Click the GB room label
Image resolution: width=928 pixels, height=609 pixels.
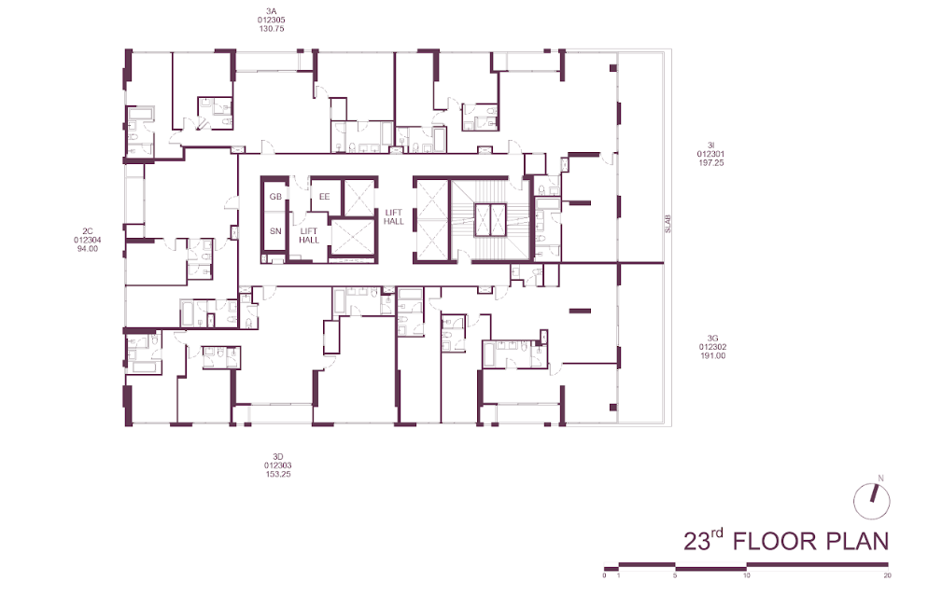point(275,196)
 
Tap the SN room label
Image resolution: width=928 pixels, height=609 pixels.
point(275,231)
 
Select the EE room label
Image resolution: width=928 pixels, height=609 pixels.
point(324,196)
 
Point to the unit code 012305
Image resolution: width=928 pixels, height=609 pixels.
point(271,20)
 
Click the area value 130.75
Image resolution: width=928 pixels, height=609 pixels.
point(271,28)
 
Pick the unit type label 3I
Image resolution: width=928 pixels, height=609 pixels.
point(710,145)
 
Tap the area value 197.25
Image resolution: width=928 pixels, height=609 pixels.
point(710,162)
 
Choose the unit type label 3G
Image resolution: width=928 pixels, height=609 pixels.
point(712,339)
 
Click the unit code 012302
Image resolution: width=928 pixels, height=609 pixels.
point(712,347)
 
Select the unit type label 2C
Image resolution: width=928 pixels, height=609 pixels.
point(88,232)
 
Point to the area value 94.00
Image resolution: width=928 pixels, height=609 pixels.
point(88,249)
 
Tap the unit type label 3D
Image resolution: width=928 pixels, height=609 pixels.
point(278,456)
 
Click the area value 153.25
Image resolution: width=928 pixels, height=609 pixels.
point(278,474)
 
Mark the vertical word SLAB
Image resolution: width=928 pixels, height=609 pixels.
point(668,223)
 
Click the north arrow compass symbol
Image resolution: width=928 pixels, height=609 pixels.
point(872,500)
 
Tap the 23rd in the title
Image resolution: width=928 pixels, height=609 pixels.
point(703,540)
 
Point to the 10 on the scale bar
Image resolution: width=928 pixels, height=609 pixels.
point(746,575)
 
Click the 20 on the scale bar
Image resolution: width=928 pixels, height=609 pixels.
point(887,575)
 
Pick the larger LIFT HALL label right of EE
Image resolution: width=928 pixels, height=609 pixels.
point(394,217)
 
